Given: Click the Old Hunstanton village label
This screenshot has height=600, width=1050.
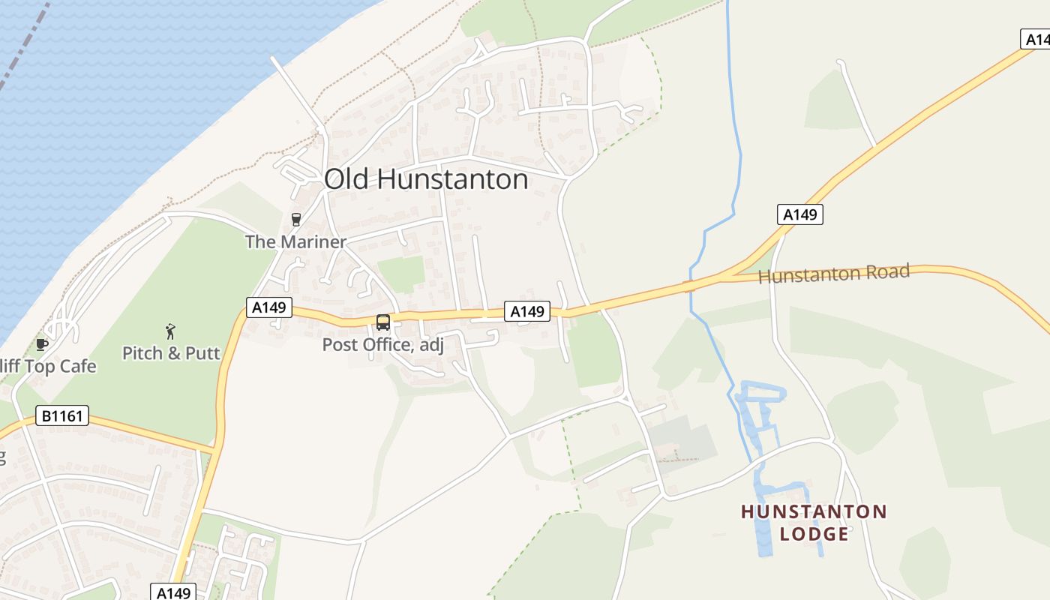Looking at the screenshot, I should (426, 180).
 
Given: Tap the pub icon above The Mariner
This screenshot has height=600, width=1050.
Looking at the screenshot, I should (296, 220).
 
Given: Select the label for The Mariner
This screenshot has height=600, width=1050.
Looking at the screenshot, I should (296, 241).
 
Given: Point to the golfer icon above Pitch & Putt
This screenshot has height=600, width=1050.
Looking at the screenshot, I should (171, 331).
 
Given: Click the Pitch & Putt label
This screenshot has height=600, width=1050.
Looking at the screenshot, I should (172, 352).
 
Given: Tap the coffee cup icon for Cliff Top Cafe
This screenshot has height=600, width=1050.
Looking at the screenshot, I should (42, 344).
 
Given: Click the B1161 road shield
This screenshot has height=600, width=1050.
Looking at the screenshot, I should (62, 415).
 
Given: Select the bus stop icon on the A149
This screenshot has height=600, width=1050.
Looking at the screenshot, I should (382, 322).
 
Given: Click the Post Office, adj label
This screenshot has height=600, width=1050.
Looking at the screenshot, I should (383, 345).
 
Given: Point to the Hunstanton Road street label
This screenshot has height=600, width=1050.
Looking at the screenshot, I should (834, 273).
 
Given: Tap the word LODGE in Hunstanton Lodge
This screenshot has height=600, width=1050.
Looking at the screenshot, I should (814, 534).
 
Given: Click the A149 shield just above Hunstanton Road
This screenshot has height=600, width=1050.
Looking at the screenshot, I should (799, 215).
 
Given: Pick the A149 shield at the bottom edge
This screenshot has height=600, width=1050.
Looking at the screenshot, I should (174, 592).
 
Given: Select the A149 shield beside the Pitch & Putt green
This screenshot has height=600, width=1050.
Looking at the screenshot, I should (269, 307).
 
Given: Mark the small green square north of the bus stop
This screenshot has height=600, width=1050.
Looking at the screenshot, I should (400, 274).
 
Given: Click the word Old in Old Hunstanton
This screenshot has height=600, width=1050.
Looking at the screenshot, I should (346, 180).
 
